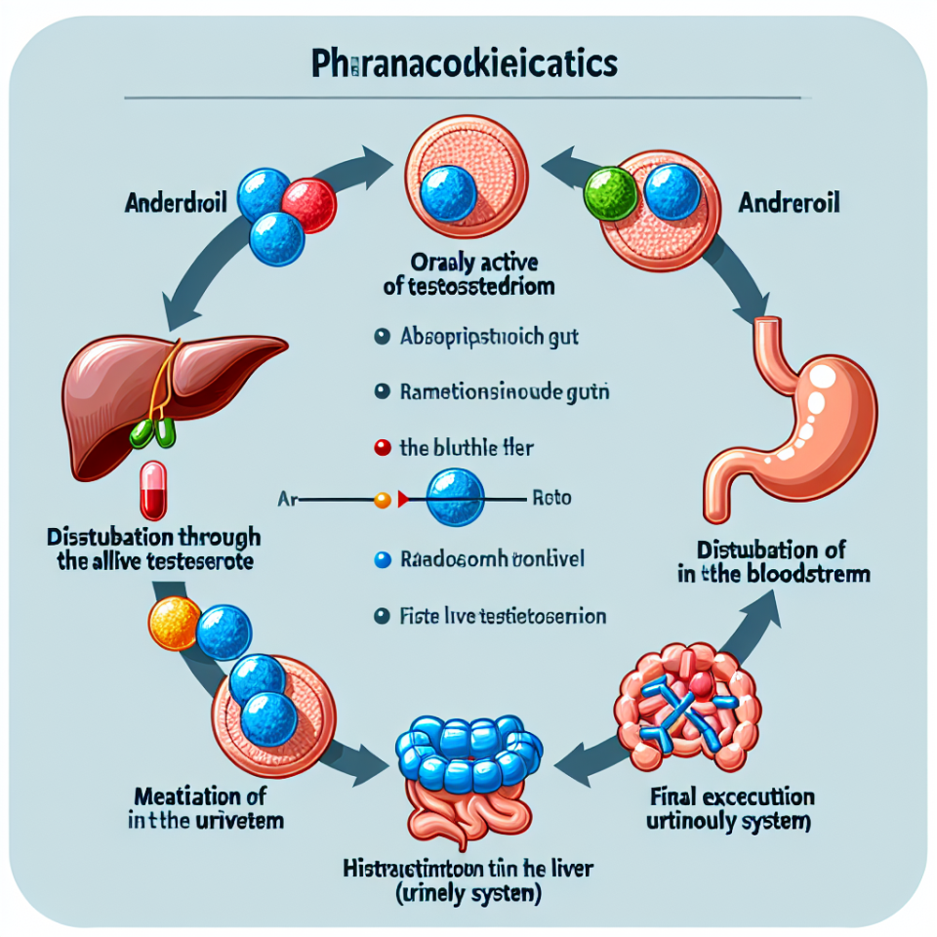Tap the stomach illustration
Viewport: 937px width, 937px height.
tap(800, 420)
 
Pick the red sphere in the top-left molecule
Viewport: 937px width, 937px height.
tap(309, 205)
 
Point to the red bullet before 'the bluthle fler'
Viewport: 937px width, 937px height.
tap(382, 449)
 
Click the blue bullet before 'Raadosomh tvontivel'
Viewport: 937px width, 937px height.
tap(382, 560)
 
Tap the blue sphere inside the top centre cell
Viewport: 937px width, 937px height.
tap(451, 191)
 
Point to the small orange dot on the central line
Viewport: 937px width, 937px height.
tap(383, 501)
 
